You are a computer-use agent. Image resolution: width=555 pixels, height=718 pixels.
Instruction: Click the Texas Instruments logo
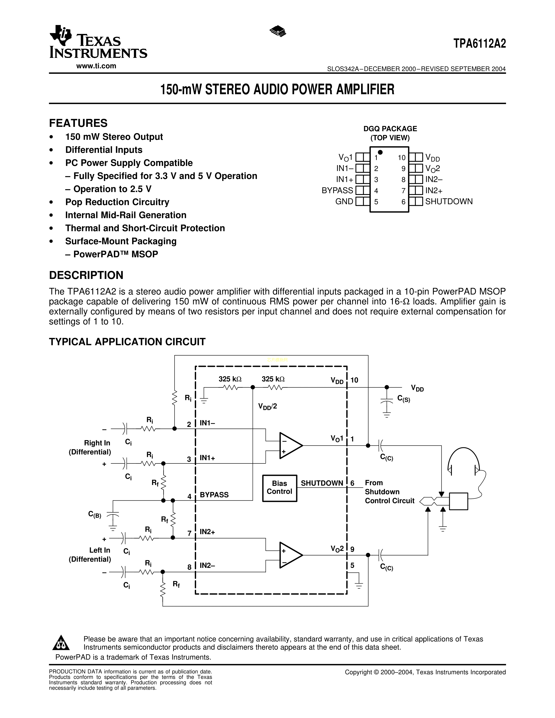[x=98, y=42]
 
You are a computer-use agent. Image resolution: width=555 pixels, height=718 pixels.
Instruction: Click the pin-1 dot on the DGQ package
[x=380, y=152]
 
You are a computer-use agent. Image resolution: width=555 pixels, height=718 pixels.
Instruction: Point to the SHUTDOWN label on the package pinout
[x=449, y=201]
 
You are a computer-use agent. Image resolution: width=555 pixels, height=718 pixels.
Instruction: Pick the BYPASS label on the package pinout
[x=337, y=191]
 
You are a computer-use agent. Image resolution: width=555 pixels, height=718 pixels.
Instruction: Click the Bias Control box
[x=279, y=488]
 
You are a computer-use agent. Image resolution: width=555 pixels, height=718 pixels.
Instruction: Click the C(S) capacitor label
[x=404, y=399]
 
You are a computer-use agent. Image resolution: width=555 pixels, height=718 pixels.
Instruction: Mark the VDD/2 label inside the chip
[x=267, y=406]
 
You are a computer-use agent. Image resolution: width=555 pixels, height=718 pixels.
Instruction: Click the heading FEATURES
[x=78, y=123]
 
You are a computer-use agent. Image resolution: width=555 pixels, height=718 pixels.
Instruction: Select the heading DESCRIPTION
[x=86, y=275]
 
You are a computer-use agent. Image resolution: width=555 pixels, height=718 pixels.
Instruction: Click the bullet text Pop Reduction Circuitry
[x=117, y=202]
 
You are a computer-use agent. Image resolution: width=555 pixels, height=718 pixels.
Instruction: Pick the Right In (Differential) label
[x=90, y=447]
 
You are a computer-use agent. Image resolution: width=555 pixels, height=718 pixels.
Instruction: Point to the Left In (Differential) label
[x=90, y=555]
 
